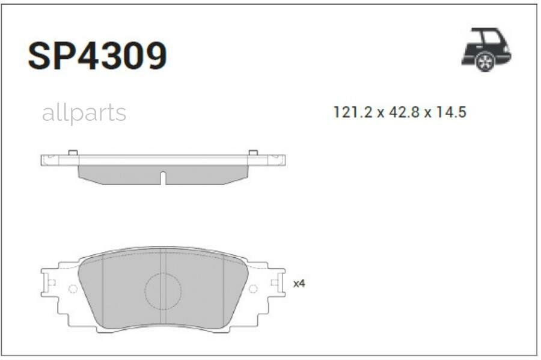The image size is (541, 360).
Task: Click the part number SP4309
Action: tap(97, 56)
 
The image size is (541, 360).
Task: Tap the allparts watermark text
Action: tap(84, 112)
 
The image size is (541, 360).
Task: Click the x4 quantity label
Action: tap(299, 283)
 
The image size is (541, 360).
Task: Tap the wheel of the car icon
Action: tap(484, 61)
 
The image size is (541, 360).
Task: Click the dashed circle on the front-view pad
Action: tap(163, 291)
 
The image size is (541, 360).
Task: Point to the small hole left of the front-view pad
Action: tap(73, 289)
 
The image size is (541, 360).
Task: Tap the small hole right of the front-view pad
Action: tap(253, 289)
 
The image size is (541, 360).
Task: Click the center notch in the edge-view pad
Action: tap(163, 178)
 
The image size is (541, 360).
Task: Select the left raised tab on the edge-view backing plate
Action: tap(72, 153)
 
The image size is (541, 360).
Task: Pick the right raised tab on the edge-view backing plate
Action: tap(253, 153)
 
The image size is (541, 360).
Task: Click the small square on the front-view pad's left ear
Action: tap(51, 282)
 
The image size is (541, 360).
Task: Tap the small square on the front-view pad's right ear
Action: tap(275, 282)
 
